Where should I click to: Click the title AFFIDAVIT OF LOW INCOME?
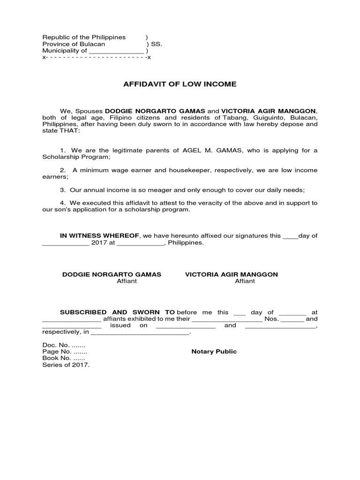[180, 84]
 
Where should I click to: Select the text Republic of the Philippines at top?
[84, 37]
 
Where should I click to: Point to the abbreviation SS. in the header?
[157, 44]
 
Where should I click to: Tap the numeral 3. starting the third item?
[62, 190]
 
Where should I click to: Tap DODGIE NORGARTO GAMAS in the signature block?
[112, 274]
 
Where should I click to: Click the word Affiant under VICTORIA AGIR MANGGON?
[245, 281]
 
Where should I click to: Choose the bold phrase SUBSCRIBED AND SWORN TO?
[117, 312]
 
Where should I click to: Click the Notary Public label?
[214, 352]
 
